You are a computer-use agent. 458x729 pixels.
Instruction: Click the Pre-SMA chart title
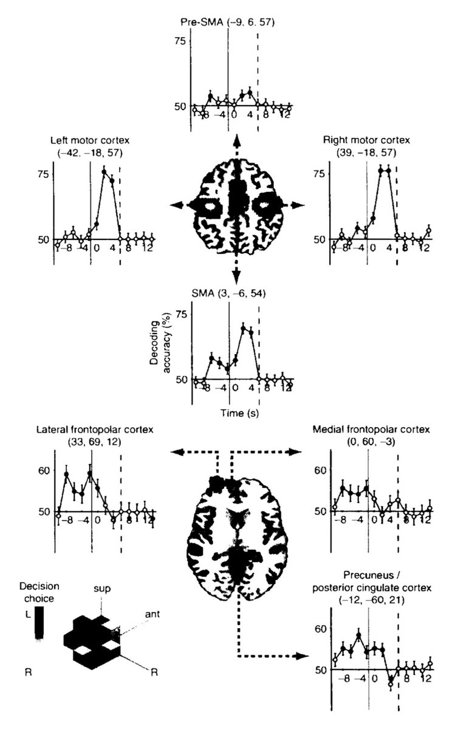pyautogui.click(x=228, y=22)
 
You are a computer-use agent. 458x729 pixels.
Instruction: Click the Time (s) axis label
pyautogui.click(x=240, y=413)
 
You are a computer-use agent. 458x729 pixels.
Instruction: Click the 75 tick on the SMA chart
pyautogui.click(x=182, y=315)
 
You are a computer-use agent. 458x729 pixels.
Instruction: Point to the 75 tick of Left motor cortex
pyautogui.click(x=45, y=174)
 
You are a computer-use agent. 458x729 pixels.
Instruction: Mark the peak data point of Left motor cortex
pyautogui.click(x=104, y=172)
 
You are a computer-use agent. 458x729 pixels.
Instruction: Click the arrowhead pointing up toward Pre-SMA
pyautogui.click(x=237, y=140)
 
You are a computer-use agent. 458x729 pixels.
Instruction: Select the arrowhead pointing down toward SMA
pyautogui.click(x=237, y=276)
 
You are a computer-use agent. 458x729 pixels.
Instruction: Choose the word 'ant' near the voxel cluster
pyautogui.click(x=152, y=614)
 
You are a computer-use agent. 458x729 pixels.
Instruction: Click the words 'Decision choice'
pyautogui.click(x=39, y=592)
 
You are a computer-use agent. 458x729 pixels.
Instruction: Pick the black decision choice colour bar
pyautogui.click(x=39, y=622)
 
